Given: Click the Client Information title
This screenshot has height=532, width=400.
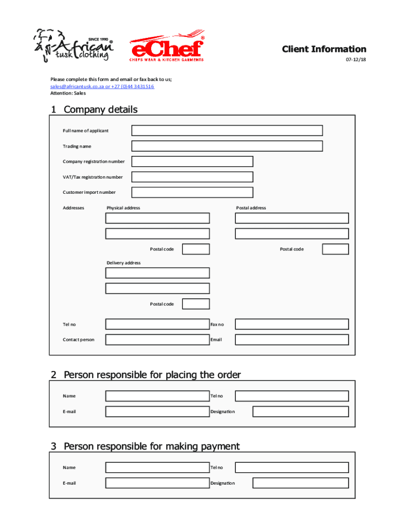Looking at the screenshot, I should click(x=324, y=49).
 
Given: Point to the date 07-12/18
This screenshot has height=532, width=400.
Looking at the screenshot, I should click(x=356, y=60).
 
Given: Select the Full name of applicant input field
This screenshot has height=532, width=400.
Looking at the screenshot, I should click(x=226, y=130).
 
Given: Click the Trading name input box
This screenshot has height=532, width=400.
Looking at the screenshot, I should click(x=226, y=146).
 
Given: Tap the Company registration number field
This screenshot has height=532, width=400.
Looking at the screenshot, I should click(x=192, y=162).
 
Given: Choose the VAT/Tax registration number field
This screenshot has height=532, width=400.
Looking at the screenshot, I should click(x=192, y=177).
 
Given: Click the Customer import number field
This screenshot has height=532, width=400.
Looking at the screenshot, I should click(x=192, y=192).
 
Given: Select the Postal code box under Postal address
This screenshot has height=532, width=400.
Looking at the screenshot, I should click(x=335, y=249).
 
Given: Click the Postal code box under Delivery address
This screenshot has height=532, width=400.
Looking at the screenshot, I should click(x=196, y=304).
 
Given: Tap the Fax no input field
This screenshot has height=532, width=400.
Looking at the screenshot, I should click(x=291, y=324).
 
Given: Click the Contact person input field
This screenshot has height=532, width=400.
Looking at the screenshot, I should click(x=157, y=340).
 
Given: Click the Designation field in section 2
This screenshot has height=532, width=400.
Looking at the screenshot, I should click(x=300, y=411).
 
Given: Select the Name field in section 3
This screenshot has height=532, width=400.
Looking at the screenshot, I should click(x=157, y=468).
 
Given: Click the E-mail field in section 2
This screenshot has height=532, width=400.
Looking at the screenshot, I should click(x=157, y=411).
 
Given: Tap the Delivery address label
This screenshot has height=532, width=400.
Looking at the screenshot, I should click(x=124, y=263).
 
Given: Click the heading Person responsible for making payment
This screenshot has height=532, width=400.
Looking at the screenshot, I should click(x=151, y=446).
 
